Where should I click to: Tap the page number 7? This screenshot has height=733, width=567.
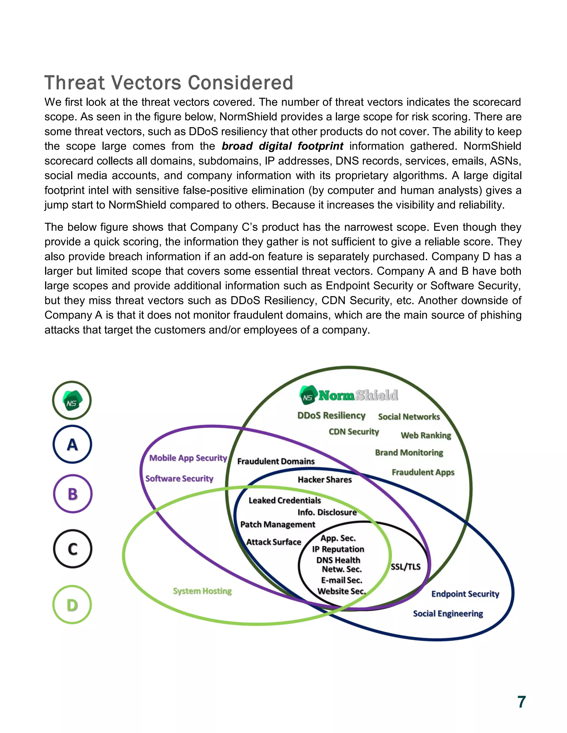pos(521,702)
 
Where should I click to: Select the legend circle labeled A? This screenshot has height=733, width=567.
pos(72,445)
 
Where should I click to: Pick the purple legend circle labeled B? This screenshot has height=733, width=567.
pos(73,494)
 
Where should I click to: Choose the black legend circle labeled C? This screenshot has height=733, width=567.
pos(73,549)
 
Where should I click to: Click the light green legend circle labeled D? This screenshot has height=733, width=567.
pos(72,604)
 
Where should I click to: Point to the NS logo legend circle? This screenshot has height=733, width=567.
pos(72,401)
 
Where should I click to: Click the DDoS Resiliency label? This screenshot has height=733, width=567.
pos(331,415)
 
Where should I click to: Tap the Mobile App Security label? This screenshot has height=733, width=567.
pos(188,458)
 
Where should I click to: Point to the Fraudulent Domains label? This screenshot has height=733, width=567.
pos(276,461)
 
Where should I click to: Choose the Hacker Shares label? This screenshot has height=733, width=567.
pos(324,479)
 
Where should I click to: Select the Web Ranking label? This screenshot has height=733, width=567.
pos(426,435)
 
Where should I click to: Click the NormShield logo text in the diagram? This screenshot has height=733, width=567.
pos(358,395)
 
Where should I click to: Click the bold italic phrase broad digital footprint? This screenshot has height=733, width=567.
pos(282,146)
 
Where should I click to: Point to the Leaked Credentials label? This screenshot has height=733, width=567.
pos(285,500)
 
